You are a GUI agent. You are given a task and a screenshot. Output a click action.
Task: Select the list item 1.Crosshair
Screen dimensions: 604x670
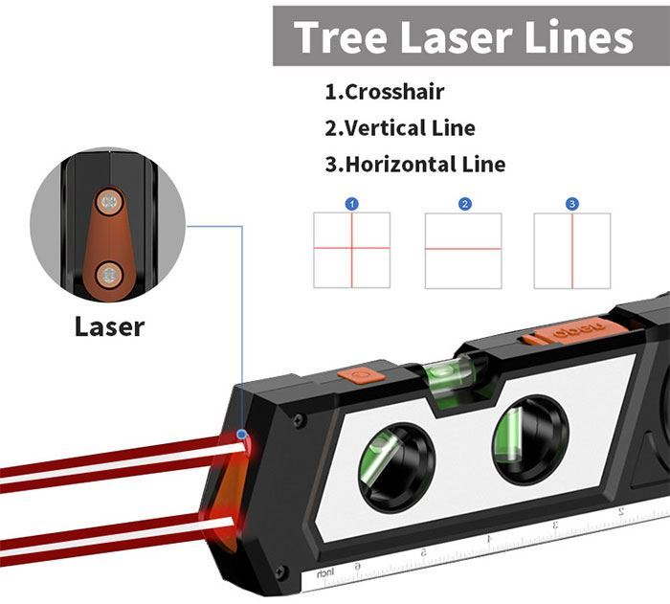[384, 92]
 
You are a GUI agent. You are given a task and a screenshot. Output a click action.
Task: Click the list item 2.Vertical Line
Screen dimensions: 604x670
[399, 127]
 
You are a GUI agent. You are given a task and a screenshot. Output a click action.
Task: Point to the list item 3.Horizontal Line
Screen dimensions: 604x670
[414, 164]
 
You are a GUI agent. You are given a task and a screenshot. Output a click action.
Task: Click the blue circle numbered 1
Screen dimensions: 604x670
[352, 204]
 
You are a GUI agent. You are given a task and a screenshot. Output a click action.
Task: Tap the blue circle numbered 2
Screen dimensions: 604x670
[464, 204]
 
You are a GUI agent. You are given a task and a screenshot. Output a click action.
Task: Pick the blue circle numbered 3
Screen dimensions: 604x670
[572, 204]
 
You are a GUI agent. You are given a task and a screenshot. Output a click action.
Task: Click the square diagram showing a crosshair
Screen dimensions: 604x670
[352, 250]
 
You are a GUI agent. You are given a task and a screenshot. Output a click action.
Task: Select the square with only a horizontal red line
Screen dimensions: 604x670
[463, 250]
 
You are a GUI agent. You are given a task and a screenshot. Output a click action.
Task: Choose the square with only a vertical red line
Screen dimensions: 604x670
[572, 250]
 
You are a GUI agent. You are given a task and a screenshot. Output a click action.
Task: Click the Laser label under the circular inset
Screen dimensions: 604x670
[109, 326]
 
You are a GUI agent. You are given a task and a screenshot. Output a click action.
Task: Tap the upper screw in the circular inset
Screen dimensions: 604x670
[110, 202]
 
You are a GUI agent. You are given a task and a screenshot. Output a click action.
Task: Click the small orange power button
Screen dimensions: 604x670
[361, 374]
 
